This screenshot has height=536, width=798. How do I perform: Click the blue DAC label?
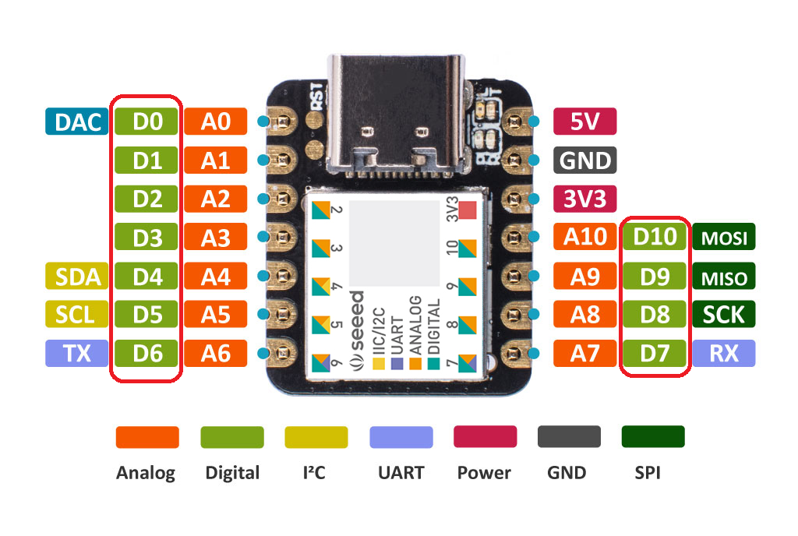(77, 122)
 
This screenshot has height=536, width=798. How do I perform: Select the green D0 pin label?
(147, 122)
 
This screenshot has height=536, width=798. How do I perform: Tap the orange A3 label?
(216, 237)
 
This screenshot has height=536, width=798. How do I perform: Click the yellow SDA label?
(77, 276)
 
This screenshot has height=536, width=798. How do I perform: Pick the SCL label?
(77, 314)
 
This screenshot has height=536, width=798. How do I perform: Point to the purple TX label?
(77, 353)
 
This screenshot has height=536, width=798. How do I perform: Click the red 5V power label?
(585, 122)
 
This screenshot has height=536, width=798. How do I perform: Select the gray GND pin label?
(585, 160)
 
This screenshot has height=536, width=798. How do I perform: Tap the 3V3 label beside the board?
(585, 199)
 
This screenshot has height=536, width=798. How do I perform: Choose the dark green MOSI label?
(724, 237)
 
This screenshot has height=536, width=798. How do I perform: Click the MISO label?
(724, 276)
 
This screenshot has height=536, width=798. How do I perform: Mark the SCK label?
(724, 314)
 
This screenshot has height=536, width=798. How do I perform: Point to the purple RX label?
(724, 353)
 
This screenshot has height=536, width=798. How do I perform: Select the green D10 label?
(655, 237)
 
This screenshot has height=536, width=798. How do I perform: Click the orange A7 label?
(585, 353)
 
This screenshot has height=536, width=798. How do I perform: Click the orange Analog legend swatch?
(147, 437)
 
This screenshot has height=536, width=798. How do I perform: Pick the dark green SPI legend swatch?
(653, 437)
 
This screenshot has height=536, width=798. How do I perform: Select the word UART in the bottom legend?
(401, 472)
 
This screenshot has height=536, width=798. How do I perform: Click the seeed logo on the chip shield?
(356, 327)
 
